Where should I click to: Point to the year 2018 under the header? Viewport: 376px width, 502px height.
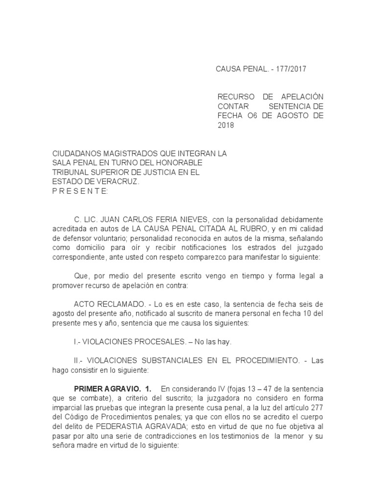[x=226, y=125]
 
